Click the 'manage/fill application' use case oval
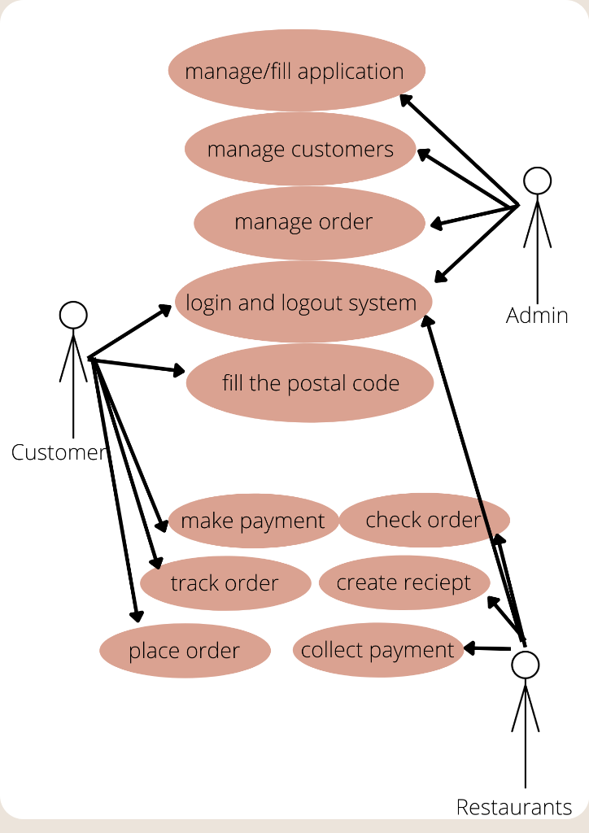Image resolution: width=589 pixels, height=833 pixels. pyautogui.click(x=297, y=71)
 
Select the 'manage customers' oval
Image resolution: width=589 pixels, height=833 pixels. pyautogui.click(x=300, y=150)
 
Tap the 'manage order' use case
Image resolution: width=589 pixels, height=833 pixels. pyautogui.click(x=308, y=222)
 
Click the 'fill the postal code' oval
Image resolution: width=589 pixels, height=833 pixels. pyautogui.click(x=310, y=383)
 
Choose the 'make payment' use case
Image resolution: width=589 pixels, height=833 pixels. pyautogui.click(x=253, y=521)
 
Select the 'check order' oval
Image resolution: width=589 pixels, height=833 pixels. pyautogui.click(x=424, y=520)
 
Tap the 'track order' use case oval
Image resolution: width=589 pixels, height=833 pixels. pyautogui.click(x=225, y=583)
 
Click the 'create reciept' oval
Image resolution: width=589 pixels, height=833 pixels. pyautogui.click(x=404, y=582)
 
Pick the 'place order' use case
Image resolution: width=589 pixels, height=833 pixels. pyautogui.click(x=185, y=651)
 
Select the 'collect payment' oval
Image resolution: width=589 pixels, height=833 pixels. pyautogui.click(x=377, y=650)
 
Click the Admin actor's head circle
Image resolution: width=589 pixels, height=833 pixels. pyautogui.click(x=537, y=181)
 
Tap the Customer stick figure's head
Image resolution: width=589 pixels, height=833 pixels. pyautogui.click(x=73, y=315)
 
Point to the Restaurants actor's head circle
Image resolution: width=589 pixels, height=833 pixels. pyautogui.click(x=526, y=665)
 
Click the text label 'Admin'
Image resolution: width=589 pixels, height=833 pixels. pyautogui.click(x=537, y=316)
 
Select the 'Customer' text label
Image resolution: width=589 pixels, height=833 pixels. pyautogui.click(x=59, y=452)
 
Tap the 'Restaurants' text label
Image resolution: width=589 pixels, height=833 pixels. pyautogui.click(x=514, y=807)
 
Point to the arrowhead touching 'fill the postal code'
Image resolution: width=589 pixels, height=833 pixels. pyautogui.click(x=178, y=371)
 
